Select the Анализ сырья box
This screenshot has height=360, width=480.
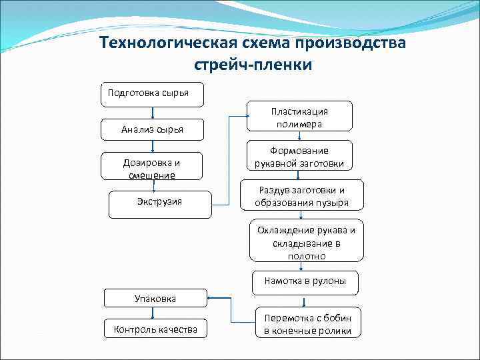click(152, 129)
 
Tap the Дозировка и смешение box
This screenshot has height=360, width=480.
click(152, 168)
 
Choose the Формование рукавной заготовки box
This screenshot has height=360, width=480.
click(299, 157)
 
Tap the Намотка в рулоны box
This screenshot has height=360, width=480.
click(305, 281)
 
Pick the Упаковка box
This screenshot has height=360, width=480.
click(155, 299)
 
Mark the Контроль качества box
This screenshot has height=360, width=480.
click(155, 329)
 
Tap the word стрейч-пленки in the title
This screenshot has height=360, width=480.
click(253, 67)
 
